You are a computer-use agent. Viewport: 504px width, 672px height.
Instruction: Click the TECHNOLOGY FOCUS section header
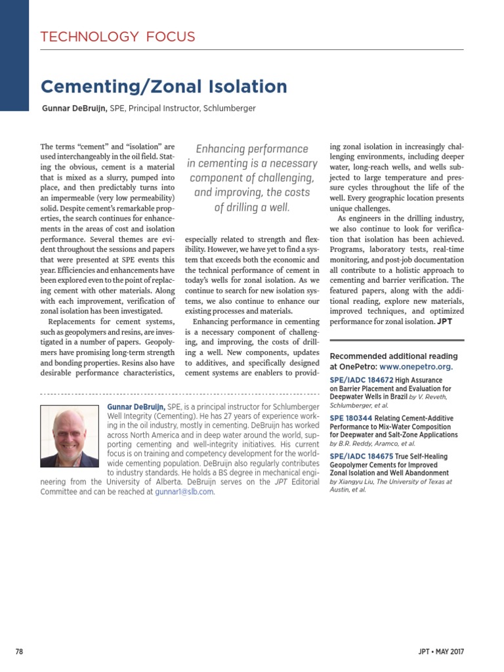tap(118, 37)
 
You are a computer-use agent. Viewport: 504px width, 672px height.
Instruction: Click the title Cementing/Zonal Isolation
tap(164, 87)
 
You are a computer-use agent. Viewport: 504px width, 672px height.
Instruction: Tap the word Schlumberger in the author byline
tap(229, 108)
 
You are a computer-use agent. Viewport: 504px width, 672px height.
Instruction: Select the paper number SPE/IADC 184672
tap(361, 380)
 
